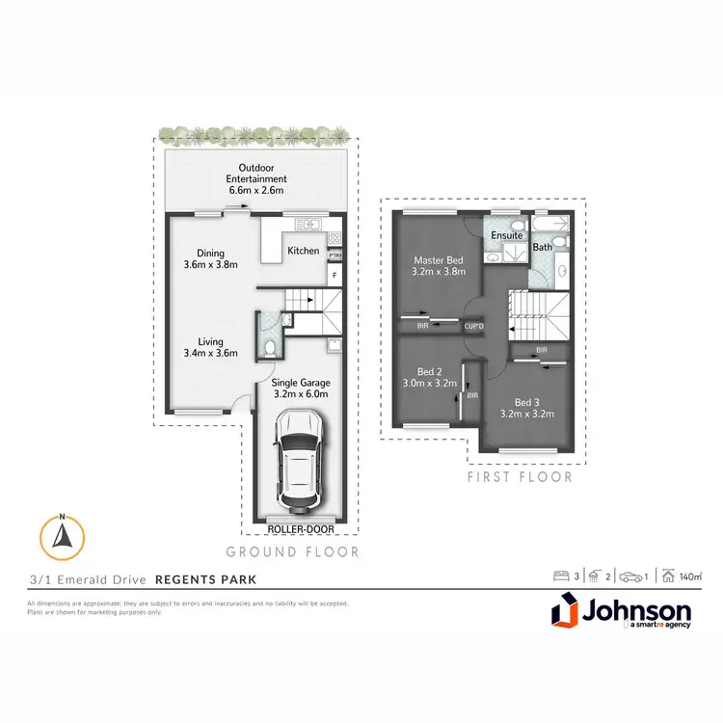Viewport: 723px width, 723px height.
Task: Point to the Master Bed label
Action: coord(440,266)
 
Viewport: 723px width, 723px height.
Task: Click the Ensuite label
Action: coord(507,235)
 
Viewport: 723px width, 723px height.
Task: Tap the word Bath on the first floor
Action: coord(543,247)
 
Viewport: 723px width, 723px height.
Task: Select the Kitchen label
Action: coord(303,252)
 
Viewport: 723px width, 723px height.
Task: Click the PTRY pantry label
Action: coord(334,255)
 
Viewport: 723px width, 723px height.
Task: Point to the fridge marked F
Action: coord(335,275)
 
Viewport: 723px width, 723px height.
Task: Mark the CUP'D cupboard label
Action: coord(473,326)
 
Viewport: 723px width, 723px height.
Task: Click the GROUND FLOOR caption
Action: coord(292,552)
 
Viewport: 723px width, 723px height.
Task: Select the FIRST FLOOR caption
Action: coord(520,476)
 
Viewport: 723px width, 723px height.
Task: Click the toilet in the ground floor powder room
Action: coord(271,345)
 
